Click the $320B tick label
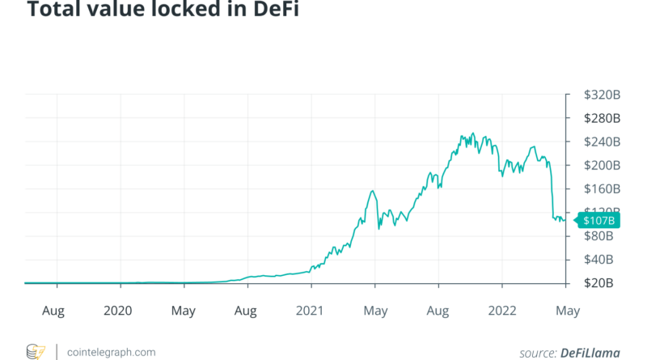point(603,95)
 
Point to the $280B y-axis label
point(603,118)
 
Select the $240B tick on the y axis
point(603,142)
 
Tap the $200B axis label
point(603,165)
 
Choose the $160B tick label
point(603,188)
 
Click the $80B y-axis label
point(601,236)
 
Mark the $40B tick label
point(601,260)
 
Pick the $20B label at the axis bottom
point(601,283)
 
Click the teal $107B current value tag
point(594,220)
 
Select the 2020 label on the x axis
point(119,311)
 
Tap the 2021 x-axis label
point(310,311)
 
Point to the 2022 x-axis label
point(501,311)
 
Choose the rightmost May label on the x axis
point(567,311)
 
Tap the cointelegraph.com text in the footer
point(111,352)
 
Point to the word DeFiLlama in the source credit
point(593,352)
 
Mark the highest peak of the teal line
point(474,134)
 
